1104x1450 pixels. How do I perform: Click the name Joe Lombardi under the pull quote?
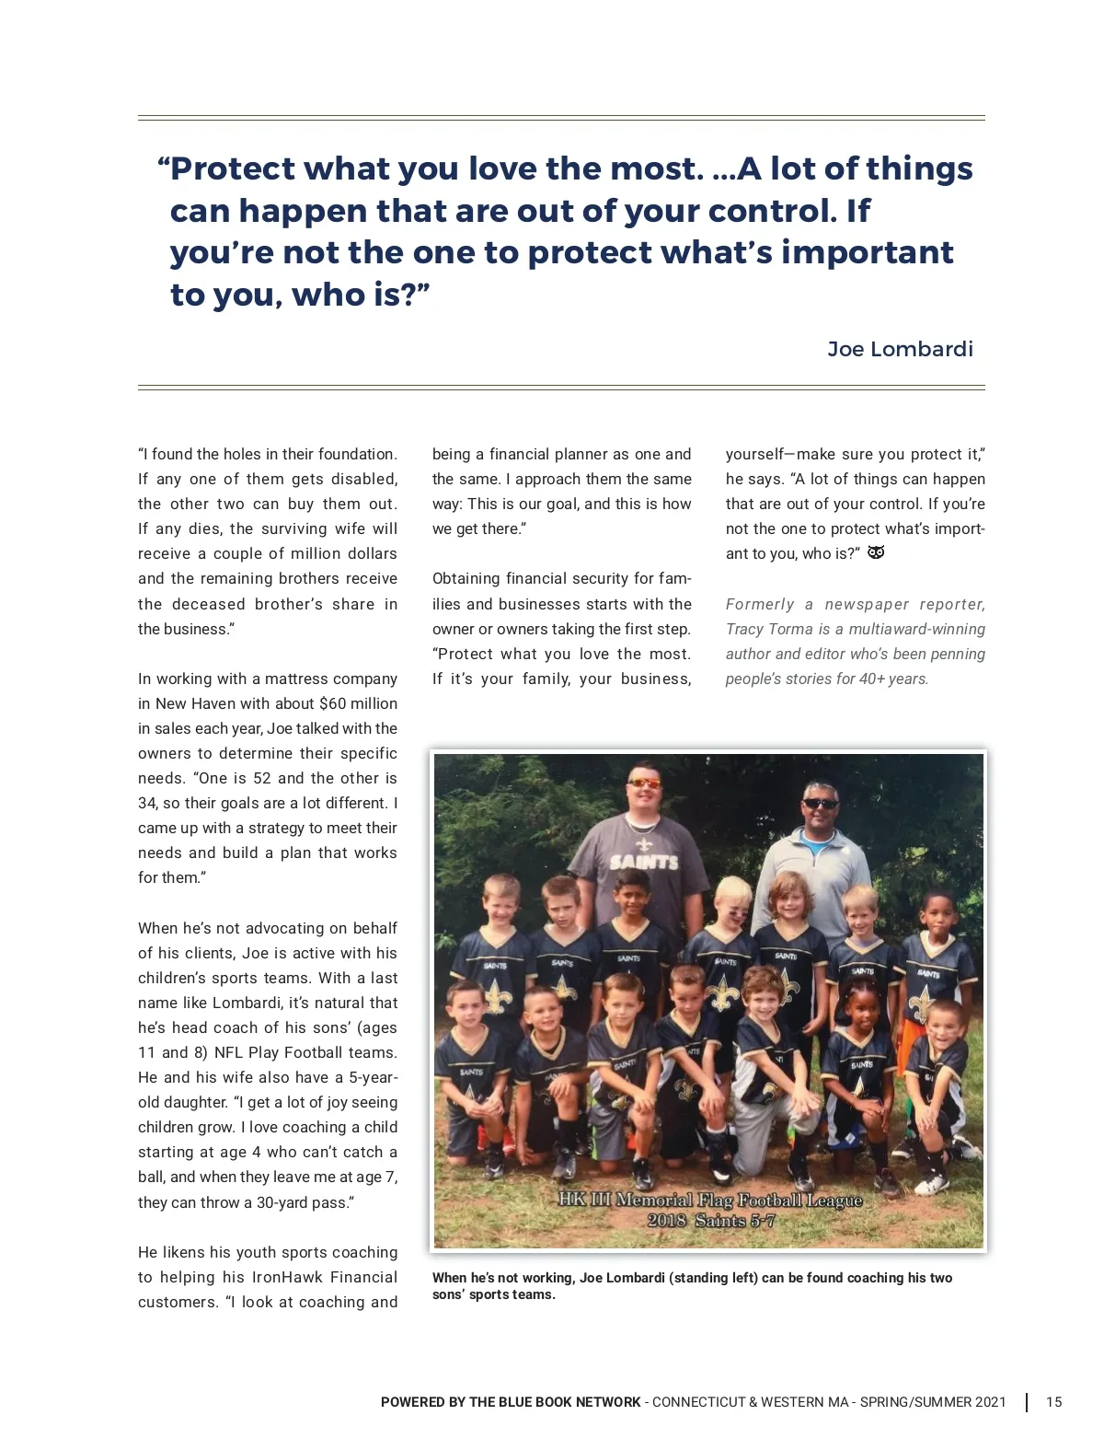pyautogui.click(x=900, y=349)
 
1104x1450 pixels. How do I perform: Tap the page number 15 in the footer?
pyautogui.click(x=1053, y=1402)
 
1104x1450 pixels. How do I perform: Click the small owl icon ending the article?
pyautogui.click(x=877, y=552)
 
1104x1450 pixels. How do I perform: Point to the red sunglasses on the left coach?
pyautogui.click(x=643, y=783)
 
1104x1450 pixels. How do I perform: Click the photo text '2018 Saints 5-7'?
pyautogui.click(x=710, y=1221)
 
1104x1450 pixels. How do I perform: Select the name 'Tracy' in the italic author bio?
pyautogui.click(x=743, y=629)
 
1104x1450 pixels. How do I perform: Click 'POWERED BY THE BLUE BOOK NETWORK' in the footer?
pyautogui.click(x=511, y=1402)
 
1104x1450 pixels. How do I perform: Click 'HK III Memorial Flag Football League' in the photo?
pyautogui.click(x=710, y=1200)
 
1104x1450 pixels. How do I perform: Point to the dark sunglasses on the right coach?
pyautogui.click(x=820, y=804)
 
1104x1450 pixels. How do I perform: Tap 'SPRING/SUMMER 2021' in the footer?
pyautogui.click(x=933, y=1402)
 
